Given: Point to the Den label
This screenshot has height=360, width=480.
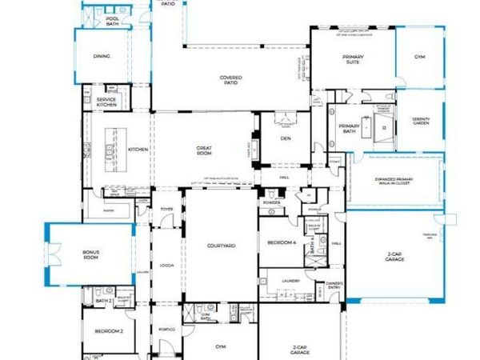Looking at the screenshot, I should tap(285, 138).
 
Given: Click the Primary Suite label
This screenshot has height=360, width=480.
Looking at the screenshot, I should tap(352, 59).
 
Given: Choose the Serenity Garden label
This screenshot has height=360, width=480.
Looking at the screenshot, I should tap(421, 122).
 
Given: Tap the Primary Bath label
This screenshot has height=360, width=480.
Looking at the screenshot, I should tap(349, 130).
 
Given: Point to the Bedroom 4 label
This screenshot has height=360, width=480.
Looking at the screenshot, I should tap(282, 242).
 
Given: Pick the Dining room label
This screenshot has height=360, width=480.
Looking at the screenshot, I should tap(101, 57).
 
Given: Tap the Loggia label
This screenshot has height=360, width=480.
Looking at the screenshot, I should tap(167, 264).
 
